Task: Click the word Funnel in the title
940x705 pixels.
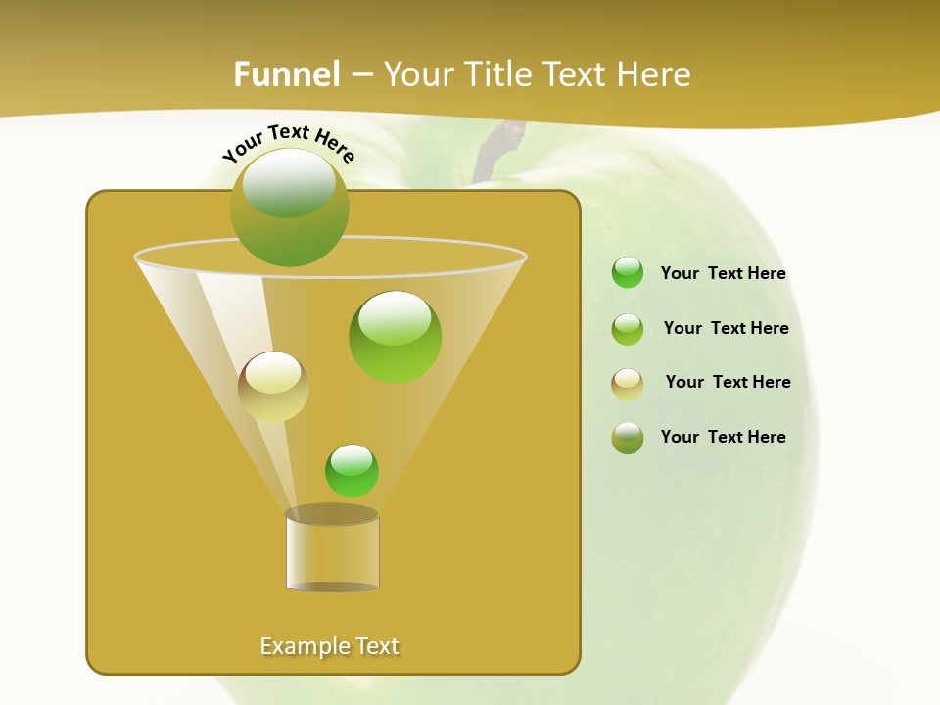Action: coord(286,74)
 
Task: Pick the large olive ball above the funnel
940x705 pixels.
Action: coord(290,208)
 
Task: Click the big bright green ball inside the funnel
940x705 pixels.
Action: coord(395,337)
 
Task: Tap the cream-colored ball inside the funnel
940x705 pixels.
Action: coord(273,387)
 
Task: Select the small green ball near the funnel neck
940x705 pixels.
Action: coord(352,471)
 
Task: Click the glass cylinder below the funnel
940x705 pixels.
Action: coord(332,554)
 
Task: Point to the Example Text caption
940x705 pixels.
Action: coord(330,646)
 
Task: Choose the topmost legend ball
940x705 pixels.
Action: coord(628,273)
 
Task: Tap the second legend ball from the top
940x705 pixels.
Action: coord(628,329)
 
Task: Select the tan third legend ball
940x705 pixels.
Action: coord(628,384)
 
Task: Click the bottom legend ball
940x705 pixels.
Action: coord(628,438)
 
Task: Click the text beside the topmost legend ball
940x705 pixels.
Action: coord(723,274)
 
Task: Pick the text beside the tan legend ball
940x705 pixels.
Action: coord(728,383)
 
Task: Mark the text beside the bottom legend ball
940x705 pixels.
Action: coord(723,438)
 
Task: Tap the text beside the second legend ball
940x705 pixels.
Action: coord(726,329)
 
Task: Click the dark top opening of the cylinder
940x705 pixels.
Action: coord(332,515)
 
